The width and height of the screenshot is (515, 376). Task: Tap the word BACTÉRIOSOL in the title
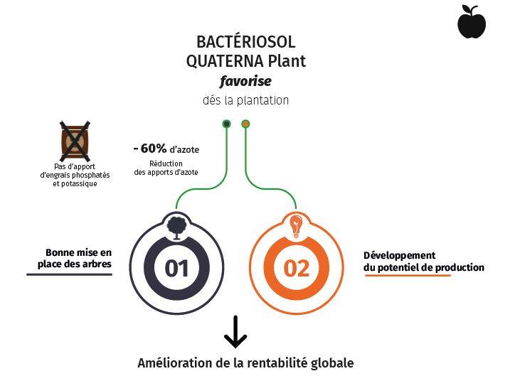245,43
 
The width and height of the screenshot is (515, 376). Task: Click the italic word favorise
245,81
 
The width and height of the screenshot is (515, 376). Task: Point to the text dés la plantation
245,100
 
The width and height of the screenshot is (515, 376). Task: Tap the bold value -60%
150,149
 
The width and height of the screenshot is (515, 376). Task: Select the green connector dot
227,124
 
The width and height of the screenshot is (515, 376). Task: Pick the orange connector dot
245,124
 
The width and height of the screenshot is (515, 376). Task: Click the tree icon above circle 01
176,225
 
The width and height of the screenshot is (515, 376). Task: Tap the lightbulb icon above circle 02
295,225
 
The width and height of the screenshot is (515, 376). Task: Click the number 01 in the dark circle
176,268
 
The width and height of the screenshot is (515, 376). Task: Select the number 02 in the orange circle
297,268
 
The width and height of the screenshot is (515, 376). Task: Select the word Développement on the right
400,255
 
